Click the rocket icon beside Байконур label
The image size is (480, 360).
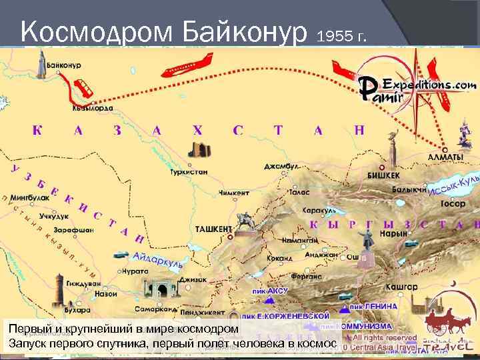click(x=41, y=65)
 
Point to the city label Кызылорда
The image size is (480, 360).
click(x=93, y=108)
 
